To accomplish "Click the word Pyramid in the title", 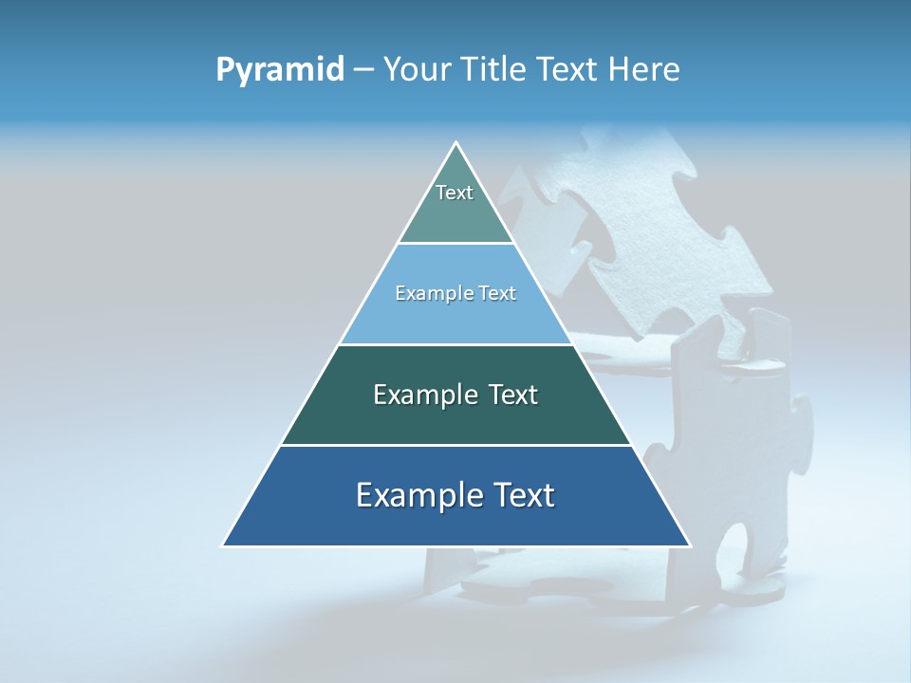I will click(x=280, y=70).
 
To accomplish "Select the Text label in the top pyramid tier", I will click(x=455, y=193).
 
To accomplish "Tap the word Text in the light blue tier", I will click(x=497, y=294).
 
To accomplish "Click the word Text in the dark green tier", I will click(x=513, y=395).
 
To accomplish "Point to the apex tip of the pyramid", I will click(x=456, y=143).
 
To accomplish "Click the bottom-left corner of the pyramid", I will click(x=224, y=545).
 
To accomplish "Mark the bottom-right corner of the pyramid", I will click(x=690, y=545).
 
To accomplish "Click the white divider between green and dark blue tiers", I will click(x=456, y=445).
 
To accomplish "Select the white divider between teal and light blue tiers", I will click(x=456, y=243).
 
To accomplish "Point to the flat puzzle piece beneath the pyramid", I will click(x=531, y=579).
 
